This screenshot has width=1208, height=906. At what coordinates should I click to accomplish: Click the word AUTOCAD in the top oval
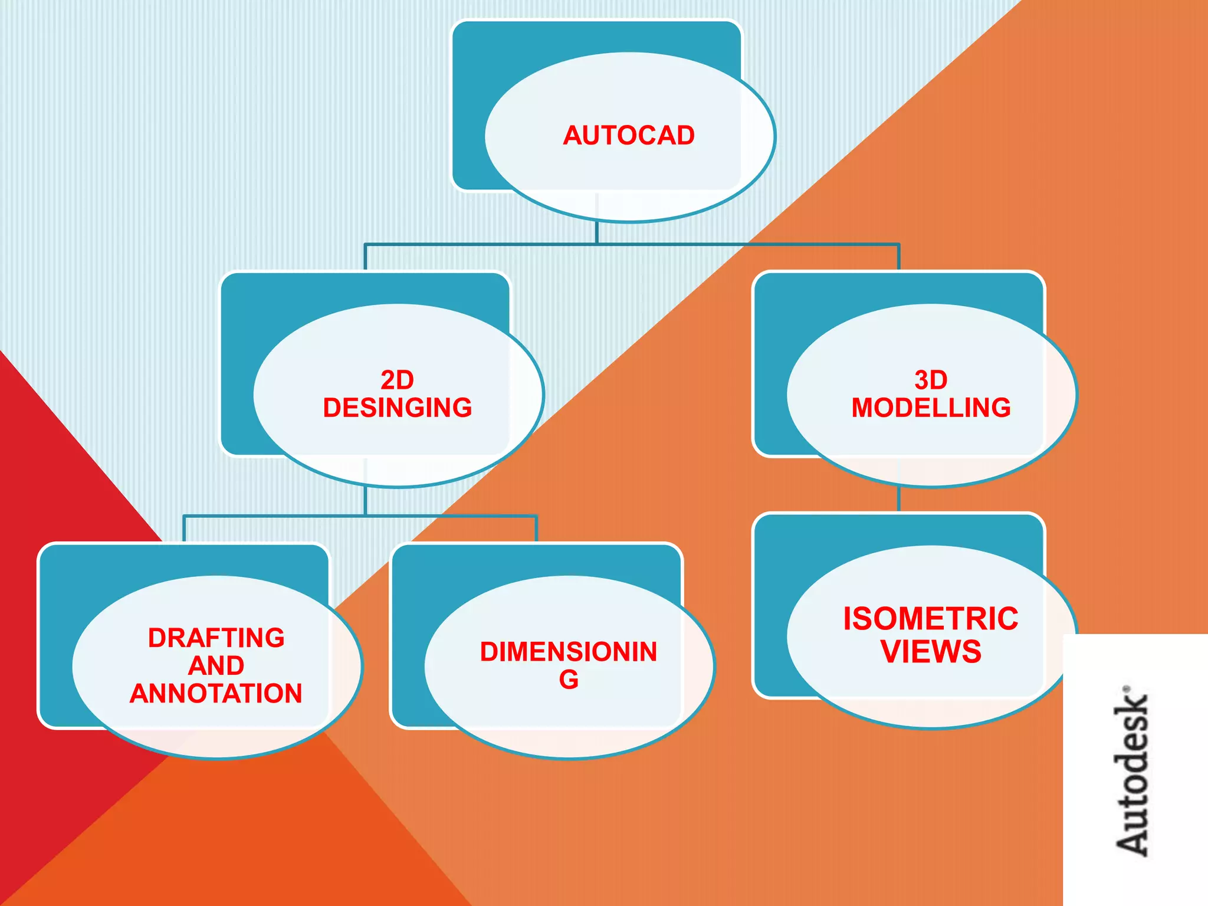[629, 136]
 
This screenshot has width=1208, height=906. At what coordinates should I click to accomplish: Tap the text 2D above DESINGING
[397, 380]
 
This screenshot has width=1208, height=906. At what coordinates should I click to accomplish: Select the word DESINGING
[397, 408]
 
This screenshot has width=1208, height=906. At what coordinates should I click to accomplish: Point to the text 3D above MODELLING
[931, 380]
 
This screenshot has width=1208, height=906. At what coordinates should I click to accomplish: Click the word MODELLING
[931, 408]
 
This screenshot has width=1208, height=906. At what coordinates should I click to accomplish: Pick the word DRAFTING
[216, 638]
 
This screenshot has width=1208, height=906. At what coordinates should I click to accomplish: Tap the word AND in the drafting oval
[216, 666]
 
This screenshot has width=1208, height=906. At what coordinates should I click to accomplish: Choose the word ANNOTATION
[216, 694]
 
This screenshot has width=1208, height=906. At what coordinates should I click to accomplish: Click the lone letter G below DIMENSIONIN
[569, 680]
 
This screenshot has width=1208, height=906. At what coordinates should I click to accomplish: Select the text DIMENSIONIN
[569, 652]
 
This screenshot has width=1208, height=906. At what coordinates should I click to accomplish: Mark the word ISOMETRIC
[931, 619]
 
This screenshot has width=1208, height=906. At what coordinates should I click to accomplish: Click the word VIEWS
[931, 652]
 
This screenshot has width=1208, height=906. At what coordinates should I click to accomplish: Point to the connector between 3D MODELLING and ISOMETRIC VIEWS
[898, 499]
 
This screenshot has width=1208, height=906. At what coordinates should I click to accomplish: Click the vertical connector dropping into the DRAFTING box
[184, 529]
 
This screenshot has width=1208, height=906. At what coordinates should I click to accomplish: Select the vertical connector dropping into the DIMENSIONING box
[536, 529]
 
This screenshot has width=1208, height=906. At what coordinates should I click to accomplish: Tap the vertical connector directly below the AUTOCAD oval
[597, 232]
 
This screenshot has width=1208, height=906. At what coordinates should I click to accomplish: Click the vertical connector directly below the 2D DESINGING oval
[365, 501]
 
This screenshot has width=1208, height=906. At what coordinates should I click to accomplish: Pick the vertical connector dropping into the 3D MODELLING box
[898, 257]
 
